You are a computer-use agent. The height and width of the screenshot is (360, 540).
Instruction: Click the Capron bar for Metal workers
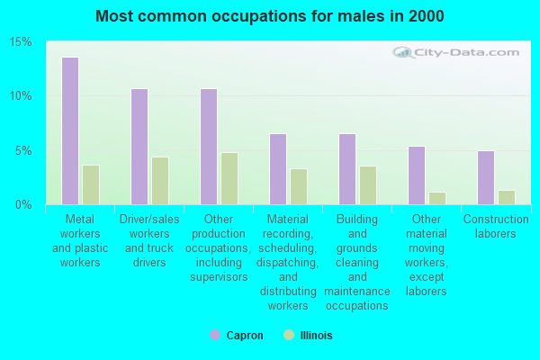tap(70, 130)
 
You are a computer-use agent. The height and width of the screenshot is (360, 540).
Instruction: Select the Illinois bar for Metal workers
tap(91, 185)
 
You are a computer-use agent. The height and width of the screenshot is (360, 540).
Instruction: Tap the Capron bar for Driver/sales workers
tap(139, 147)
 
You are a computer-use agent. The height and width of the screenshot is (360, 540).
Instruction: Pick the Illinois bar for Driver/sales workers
tap(160, 181)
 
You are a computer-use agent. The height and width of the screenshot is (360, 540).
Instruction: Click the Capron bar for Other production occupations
tap(209, 147)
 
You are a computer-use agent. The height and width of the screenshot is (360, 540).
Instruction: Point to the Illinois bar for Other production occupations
tap(229, 178)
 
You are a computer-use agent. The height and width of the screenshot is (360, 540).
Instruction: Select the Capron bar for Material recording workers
tap(278, 169)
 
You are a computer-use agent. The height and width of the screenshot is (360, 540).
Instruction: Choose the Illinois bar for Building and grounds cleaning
tap(368, 185)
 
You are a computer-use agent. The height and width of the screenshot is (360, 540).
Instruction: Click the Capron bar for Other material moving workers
tap(417, 175)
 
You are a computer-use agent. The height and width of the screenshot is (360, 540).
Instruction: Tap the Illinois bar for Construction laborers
tap(507, 198)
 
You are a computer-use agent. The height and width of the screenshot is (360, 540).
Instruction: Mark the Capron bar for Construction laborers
tap(486, 178)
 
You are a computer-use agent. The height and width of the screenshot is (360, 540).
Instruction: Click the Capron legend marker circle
tap(215, 335)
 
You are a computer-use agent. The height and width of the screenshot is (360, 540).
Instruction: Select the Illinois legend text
tap(316, 335)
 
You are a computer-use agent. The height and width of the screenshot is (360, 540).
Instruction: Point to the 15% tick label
tap(21, 42)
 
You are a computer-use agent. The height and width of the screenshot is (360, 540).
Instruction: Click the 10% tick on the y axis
tap(21, 95)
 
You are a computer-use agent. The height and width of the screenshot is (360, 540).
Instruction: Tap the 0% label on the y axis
tap(23, 204)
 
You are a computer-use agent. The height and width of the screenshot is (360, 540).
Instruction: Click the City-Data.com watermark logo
tap(455, 52)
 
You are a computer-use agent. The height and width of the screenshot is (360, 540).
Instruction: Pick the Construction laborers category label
tap(496, 226)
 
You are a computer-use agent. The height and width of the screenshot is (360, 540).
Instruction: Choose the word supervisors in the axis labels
tap(219, 277)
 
